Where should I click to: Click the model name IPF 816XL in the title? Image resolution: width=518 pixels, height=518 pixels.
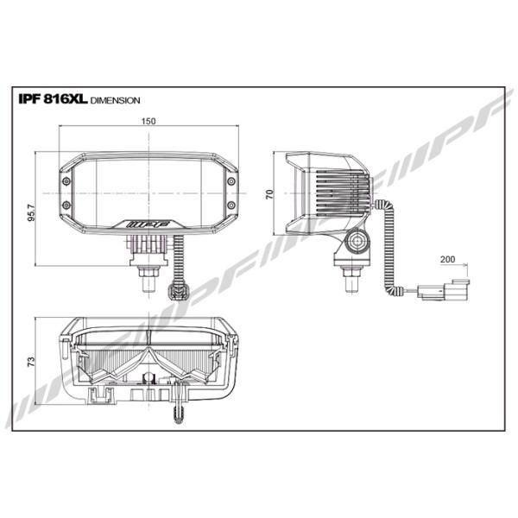pos(52,98)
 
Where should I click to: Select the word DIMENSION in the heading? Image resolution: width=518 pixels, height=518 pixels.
pos(115,100)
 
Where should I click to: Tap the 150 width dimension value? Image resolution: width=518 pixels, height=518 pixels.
pos(148,122)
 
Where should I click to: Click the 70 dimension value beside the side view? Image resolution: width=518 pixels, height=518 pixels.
pos(268,194)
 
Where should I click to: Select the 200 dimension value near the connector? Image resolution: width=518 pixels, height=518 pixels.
pos(447,258)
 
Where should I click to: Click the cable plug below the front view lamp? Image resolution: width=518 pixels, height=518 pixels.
pos(180,282)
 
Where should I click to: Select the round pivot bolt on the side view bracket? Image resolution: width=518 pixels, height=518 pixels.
pos(356,243)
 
